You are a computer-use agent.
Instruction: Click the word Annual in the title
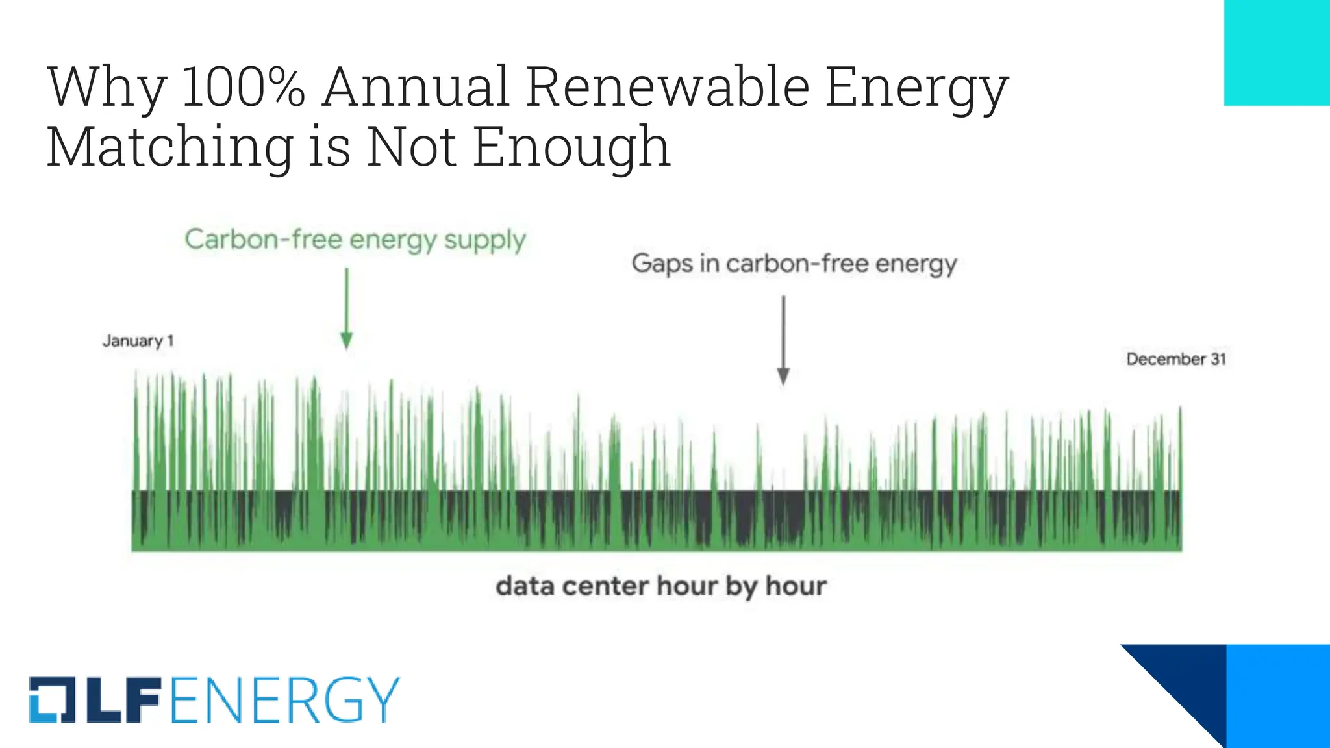point(416,87)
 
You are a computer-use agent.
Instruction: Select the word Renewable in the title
point(668,87)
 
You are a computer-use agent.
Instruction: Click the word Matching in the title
point(170,147)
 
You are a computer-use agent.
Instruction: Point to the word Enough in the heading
point(571,147)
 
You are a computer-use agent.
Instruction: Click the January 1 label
point(138,341)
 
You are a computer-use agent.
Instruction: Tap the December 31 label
point(1175,359)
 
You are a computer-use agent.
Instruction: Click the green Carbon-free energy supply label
point(355,240)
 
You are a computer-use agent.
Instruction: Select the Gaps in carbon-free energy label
point(794,264)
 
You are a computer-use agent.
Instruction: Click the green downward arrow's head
point(347,341)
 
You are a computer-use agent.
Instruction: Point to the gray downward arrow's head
point(783,377)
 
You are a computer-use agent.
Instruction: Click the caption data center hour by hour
point(661,586)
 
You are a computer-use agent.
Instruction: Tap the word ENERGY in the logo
point(284,700)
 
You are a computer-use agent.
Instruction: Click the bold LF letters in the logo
point(123,700)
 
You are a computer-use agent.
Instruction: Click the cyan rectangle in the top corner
point(1277,52)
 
